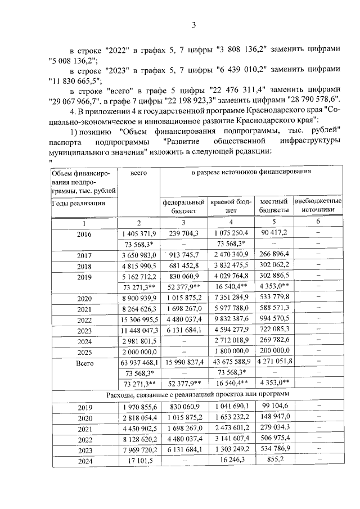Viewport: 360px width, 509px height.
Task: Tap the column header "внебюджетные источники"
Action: [x=318, y=205]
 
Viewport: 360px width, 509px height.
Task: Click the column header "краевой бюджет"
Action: [x=230, y=205]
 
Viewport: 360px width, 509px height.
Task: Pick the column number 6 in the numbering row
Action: [x=318, y=223]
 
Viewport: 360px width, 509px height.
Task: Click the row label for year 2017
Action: [x=83, y=255]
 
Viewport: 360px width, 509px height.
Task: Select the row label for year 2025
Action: [x=83, y=352]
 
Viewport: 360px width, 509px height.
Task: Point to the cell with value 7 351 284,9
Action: [x=230, y=298]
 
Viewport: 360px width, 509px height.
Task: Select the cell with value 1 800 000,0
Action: [x=230, y=352]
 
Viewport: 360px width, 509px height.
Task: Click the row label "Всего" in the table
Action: [x=83, y=363]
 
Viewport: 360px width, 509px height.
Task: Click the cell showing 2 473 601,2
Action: [x=230, y=428]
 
